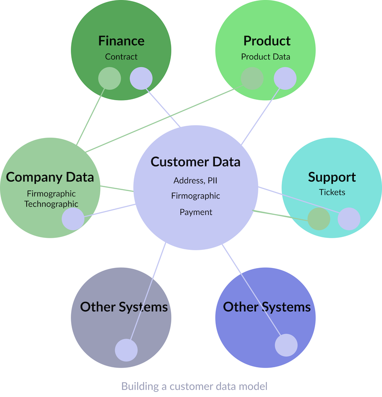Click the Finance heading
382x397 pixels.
point(121,41)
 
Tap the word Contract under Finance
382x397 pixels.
point(121,57)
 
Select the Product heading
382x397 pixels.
point(267,41)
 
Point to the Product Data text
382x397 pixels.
point(265,57)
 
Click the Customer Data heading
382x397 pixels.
point(195,162)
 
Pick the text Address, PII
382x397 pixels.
point(196,181)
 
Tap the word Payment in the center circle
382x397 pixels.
point(196,212)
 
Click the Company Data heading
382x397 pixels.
point(50,177)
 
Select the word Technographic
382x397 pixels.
point(51,204)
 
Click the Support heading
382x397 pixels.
point(332,177)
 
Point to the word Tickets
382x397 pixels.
point(332,193)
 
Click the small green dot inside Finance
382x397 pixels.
point(109,78)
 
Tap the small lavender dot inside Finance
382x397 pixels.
point(141,78)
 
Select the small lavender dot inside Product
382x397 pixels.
point(285,78)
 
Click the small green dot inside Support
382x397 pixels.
point(318,219)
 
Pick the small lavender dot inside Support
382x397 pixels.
point(349,219)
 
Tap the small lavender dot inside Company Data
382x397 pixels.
point(73,219)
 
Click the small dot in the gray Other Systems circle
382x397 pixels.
point(126,350)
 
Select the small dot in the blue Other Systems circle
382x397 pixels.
point(286,345)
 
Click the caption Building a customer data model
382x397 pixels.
point(194,386)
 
